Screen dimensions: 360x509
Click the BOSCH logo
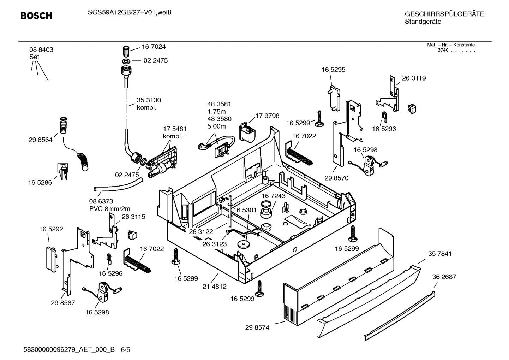[36, 16]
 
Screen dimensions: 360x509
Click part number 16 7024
[154, 47]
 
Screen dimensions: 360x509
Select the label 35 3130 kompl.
[149, 104]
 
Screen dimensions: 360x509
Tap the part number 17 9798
[267, 116]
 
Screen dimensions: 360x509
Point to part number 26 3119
[414, 78]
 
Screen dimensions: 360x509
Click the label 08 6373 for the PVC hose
[101, 201]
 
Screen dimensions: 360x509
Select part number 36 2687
[444, 277]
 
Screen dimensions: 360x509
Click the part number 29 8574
[257, 328]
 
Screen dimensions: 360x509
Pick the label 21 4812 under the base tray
[214, 287]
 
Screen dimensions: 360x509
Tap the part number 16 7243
[274, 196]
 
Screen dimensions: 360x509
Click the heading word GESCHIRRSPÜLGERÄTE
[444, 14]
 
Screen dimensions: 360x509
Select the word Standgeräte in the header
[423, 22]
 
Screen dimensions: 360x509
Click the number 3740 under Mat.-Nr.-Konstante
[443, 50]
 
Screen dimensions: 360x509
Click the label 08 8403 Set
[41, 53]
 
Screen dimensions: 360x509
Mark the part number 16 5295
[333, 70]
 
